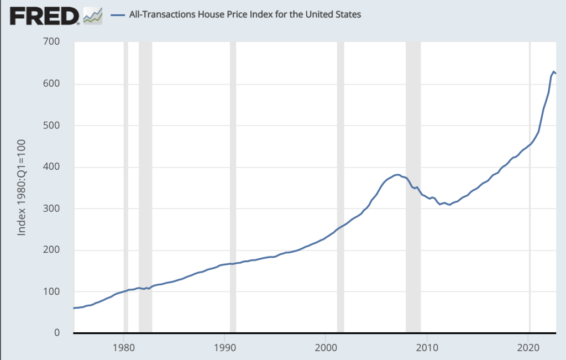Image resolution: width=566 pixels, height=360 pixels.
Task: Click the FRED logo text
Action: tap(45, 15)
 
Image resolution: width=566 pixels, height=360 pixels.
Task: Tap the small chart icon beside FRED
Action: tap(93, 16)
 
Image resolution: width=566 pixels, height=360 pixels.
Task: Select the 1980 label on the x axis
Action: tap(123, 348)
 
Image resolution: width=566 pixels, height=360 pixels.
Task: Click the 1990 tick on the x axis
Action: tap(224, 348)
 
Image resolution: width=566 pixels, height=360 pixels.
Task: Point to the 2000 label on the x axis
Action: tap(326, 348)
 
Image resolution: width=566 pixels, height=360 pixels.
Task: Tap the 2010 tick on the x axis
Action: tap(427, 348)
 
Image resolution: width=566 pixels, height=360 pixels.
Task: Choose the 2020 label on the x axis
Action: tap(528, 348)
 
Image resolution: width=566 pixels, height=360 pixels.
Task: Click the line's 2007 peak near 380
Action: tap(397, 175)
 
